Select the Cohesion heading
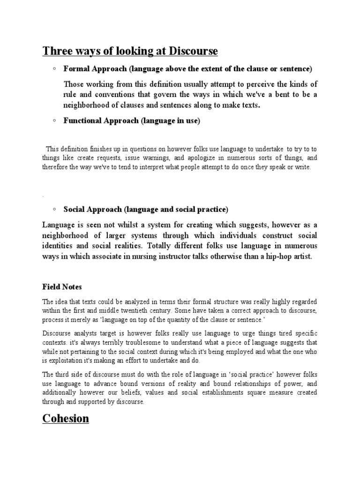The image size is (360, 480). (66, 418)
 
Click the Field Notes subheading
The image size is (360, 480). (62, 286)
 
